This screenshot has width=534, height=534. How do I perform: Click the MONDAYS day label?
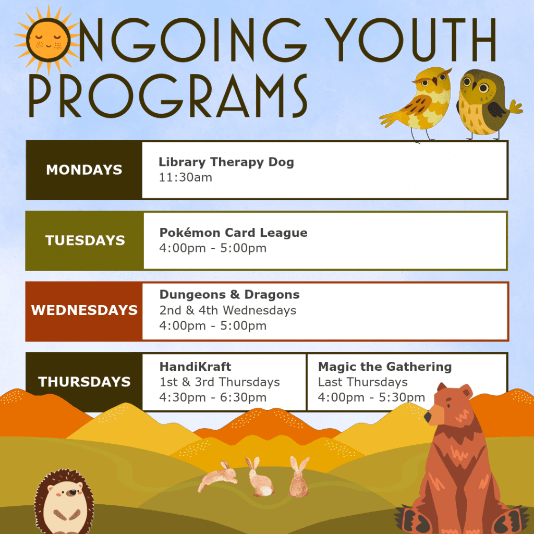(x=84, y=170)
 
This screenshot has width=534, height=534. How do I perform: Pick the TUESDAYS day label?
(x=85, y=241)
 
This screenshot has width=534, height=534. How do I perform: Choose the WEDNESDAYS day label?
(x=84, y=311)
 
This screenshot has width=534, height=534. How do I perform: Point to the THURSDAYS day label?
(x=84, y=382)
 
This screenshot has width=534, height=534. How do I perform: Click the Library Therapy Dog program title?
(x=226, y=162)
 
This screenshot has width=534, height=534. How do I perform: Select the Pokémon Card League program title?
(x=233, y=233)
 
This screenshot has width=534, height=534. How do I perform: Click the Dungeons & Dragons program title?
(x=229, y=295)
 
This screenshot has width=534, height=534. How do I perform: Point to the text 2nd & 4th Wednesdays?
(x=228, y=310)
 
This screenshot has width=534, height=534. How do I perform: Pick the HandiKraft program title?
(x=196, y=367)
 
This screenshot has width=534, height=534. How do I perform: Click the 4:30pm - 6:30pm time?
(x=213, y=398)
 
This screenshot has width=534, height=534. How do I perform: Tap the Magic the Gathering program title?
(x=385, y=367)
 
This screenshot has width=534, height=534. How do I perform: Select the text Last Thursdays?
(x=362, y=382)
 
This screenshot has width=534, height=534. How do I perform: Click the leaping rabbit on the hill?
(x=217, y=476)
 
